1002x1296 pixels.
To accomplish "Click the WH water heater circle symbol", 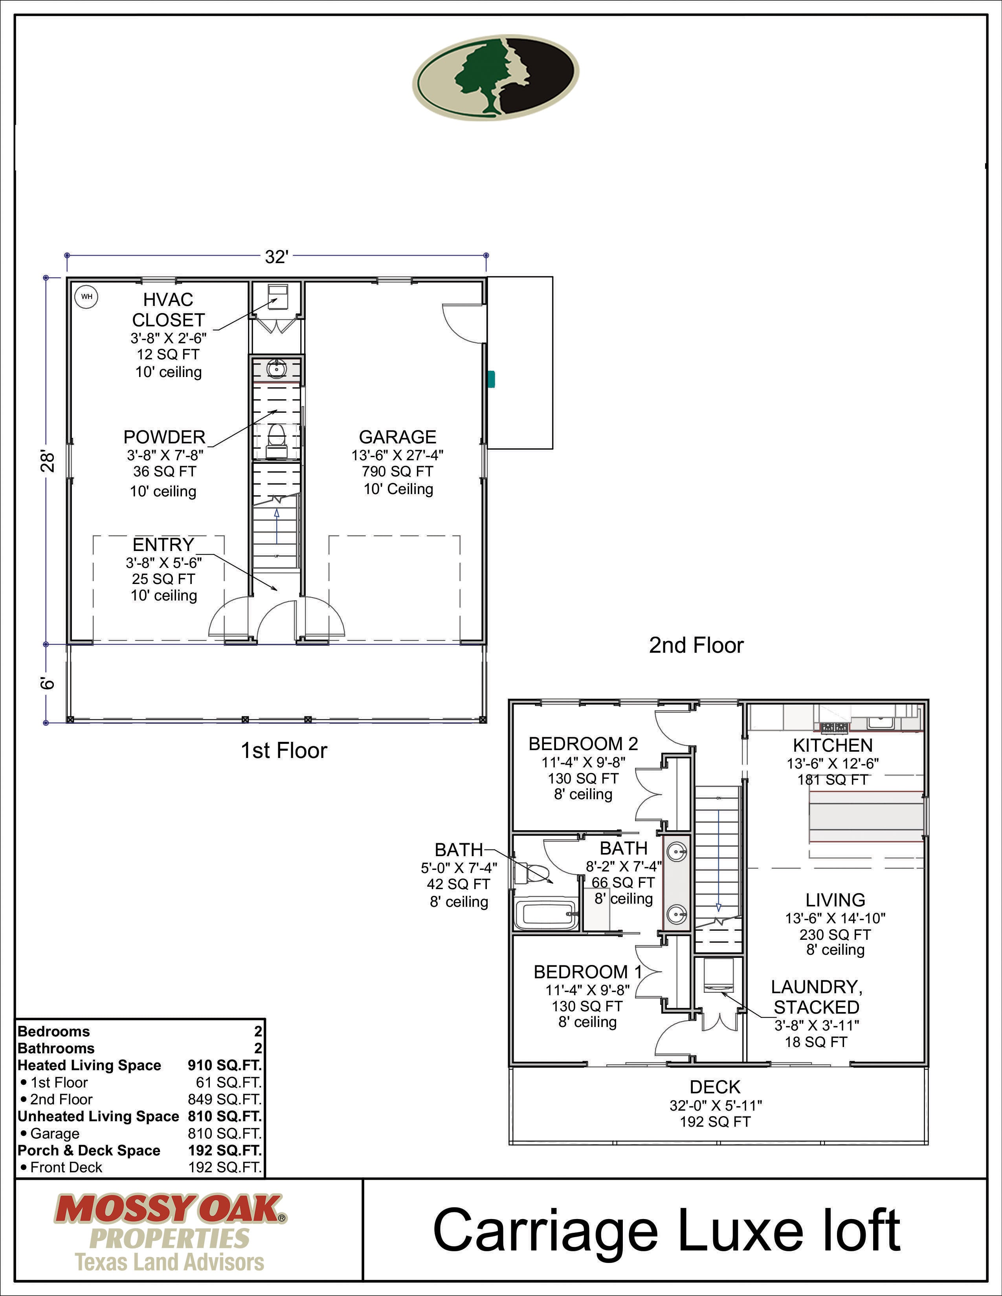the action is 87,296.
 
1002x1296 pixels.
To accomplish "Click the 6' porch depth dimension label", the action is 48,683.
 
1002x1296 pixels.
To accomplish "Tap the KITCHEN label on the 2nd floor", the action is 833,745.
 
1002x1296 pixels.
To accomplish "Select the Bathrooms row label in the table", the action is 57,1049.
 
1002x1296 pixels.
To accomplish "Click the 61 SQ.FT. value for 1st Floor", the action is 229,1082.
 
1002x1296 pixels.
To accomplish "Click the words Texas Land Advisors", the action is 170,1262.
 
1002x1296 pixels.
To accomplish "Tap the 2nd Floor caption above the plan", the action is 696,645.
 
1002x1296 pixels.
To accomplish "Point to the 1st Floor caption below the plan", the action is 284,750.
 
